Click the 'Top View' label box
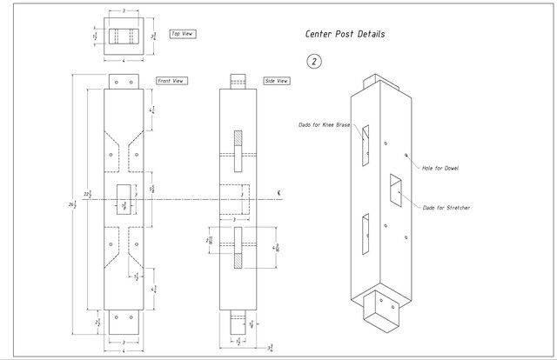(182, 34)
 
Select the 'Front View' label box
(171, 81)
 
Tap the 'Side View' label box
(277, 81)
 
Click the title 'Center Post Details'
(345, 35)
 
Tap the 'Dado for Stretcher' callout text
(446, 208)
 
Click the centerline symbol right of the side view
(277, 192)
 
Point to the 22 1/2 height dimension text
(87, 194)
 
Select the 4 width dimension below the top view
(124, 61)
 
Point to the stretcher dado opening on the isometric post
(395, 190)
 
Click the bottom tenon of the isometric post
(381, 314)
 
